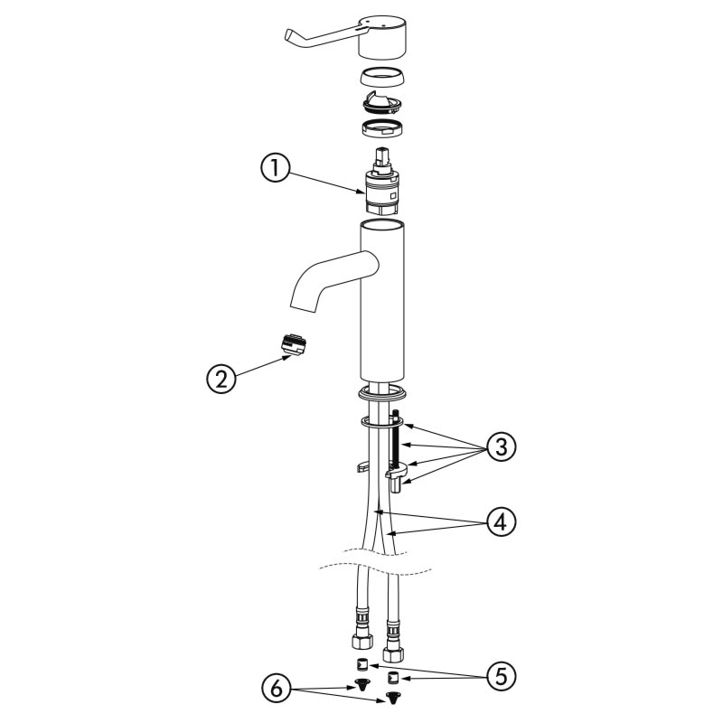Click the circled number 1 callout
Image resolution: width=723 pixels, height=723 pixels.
tap(276, 168)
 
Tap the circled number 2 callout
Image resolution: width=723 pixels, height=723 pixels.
tap(221, 379)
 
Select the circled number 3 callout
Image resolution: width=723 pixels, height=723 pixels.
tap(502, 446)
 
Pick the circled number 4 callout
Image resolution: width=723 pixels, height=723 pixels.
tap(502, 522)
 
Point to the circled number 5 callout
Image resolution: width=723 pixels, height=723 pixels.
tap(502, 676)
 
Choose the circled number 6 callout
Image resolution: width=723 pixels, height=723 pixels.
tap(276, 690)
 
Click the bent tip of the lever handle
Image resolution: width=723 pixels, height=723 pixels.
tap(289, 38)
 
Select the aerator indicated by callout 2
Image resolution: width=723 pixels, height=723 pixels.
tap(294, 344)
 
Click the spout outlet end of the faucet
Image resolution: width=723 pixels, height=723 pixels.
tap(303, 302)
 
